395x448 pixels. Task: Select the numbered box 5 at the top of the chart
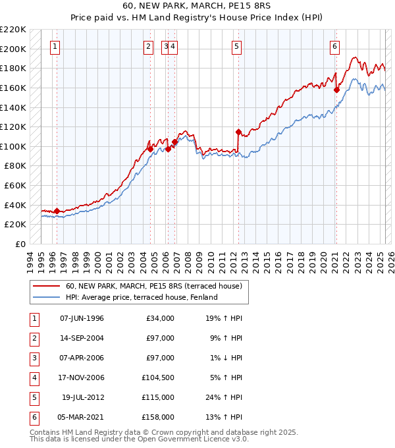click(236, 46)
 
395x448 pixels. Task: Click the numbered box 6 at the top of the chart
click(334, 46)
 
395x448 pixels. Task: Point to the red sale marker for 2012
click(238, 131)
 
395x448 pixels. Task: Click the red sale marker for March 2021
click(336, 90)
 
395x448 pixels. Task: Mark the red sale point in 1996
click(57, 211)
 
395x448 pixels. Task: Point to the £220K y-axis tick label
click(14, 30)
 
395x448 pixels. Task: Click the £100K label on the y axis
click(14, 146)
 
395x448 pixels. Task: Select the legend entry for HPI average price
click(142, 297)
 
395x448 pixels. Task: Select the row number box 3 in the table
click(32, 358)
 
